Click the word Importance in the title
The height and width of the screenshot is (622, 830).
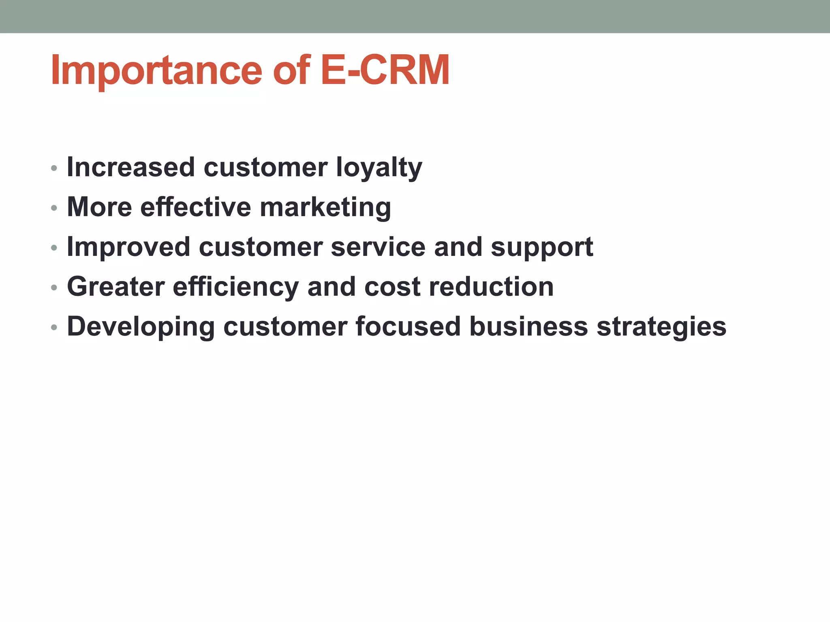click(156, 71)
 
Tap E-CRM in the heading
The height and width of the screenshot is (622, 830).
click(385, 71)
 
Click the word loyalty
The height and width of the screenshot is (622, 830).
click(379, 168)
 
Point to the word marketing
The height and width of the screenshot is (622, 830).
click(325, 207)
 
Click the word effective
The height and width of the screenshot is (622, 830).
click(196, 207)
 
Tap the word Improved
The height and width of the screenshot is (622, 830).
click(128, 247)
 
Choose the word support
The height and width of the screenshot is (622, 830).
click(542, 247)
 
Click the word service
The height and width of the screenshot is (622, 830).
click(378, 247)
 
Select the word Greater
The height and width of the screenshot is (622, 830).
click(116, 287)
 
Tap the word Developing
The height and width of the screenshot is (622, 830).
click(141, 326)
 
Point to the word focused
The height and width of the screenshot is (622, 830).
click(408, 326)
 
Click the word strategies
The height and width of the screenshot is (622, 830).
click(661, 326)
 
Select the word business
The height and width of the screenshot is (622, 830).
click(528, 326)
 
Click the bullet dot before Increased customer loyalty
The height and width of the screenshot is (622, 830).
click(54, 168)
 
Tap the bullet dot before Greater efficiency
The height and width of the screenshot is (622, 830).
click(54, 288)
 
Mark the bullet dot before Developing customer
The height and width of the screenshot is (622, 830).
click(54, 327)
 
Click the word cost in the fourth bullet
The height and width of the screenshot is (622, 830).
click(392, 287)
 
